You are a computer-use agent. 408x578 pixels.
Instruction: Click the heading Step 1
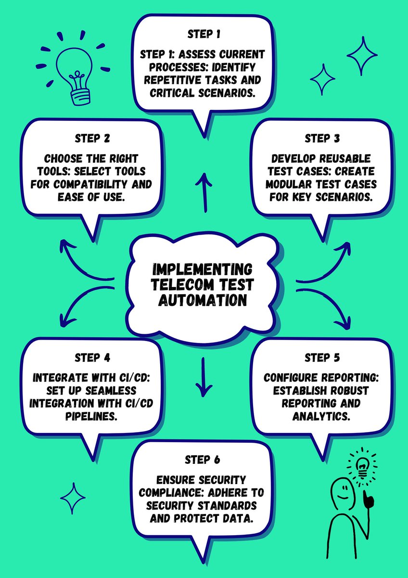(x=204, y=35)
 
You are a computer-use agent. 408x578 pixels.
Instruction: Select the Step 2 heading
(x=92, y=138)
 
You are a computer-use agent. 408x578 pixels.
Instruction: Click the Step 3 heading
(x=322, y=138)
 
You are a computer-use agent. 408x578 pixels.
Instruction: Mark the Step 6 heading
(x=202, y=460)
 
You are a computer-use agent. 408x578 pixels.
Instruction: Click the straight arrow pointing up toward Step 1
(x=205, y=193)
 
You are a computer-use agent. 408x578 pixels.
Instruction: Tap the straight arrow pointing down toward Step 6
(x=203, y=376)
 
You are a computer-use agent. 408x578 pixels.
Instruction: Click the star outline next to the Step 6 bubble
(x=73, y=499)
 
